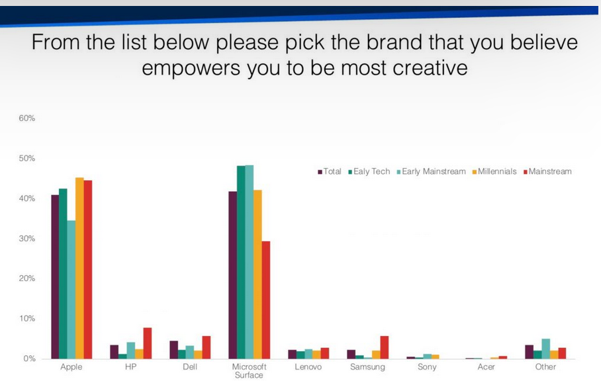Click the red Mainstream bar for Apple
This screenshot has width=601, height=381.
(x=88, y=269)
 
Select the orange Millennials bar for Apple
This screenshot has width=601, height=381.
(x=79, y=268)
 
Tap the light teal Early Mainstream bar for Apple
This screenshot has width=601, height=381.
(x=71, y=290)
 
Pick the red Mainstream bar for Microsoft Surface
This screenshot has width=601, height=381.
(x=265, y=300)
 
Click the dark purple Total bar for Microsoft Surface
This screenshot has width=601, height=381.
(x=233, y=275)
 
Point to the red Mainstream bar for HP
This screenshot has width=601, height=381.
(x=148, y=343)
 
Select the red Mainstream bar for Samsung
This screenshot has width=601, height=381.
(x=385, y=347)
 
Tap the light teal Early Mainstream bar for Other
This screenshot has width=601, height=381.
(x=546, y=349)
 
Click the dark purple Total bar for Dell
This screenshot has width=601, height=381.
(x=173, y=350)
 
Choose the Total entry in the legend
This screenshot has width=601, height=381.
(x=329, y=171)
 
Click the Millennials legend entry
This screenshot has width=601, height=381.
(x=494, y=171)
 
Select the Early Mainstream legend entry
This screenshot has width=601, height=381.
(x=431, y=171)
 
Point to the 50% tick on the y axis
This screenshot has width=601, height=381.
(x=27, y=158)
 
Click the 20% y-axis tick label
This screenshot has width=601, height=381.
(x=27, y=278)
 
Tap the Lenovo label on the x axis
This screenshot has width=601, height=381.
(x=308, y=367)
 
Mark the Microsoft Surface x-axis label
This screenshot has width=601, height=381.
(x=249, y=370)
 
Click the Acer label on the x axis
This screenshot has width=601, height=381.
(x=486, y=367)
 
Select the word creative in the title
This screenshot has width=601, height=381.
(x=430, y=67)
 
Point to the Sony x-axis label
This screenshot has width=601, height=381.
(x=427, y=367)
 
